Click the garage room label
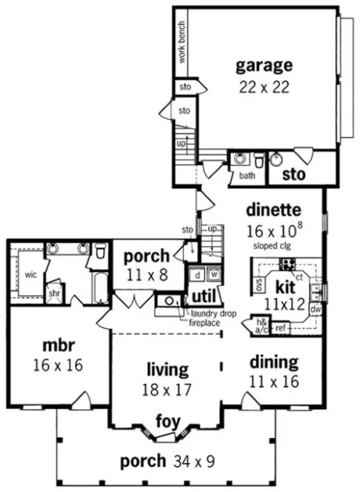[264, 66]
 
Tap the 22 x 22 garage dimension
[264, 87]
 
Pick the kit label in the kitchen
[285, 285]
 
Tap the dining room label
[273, 362]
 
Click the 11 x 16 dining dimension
[273, 383]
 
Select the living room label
[167, 368]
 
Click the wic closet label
[30, 273]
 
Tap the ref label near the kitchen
[281, 327]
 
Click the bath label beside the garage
[247, 176]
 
